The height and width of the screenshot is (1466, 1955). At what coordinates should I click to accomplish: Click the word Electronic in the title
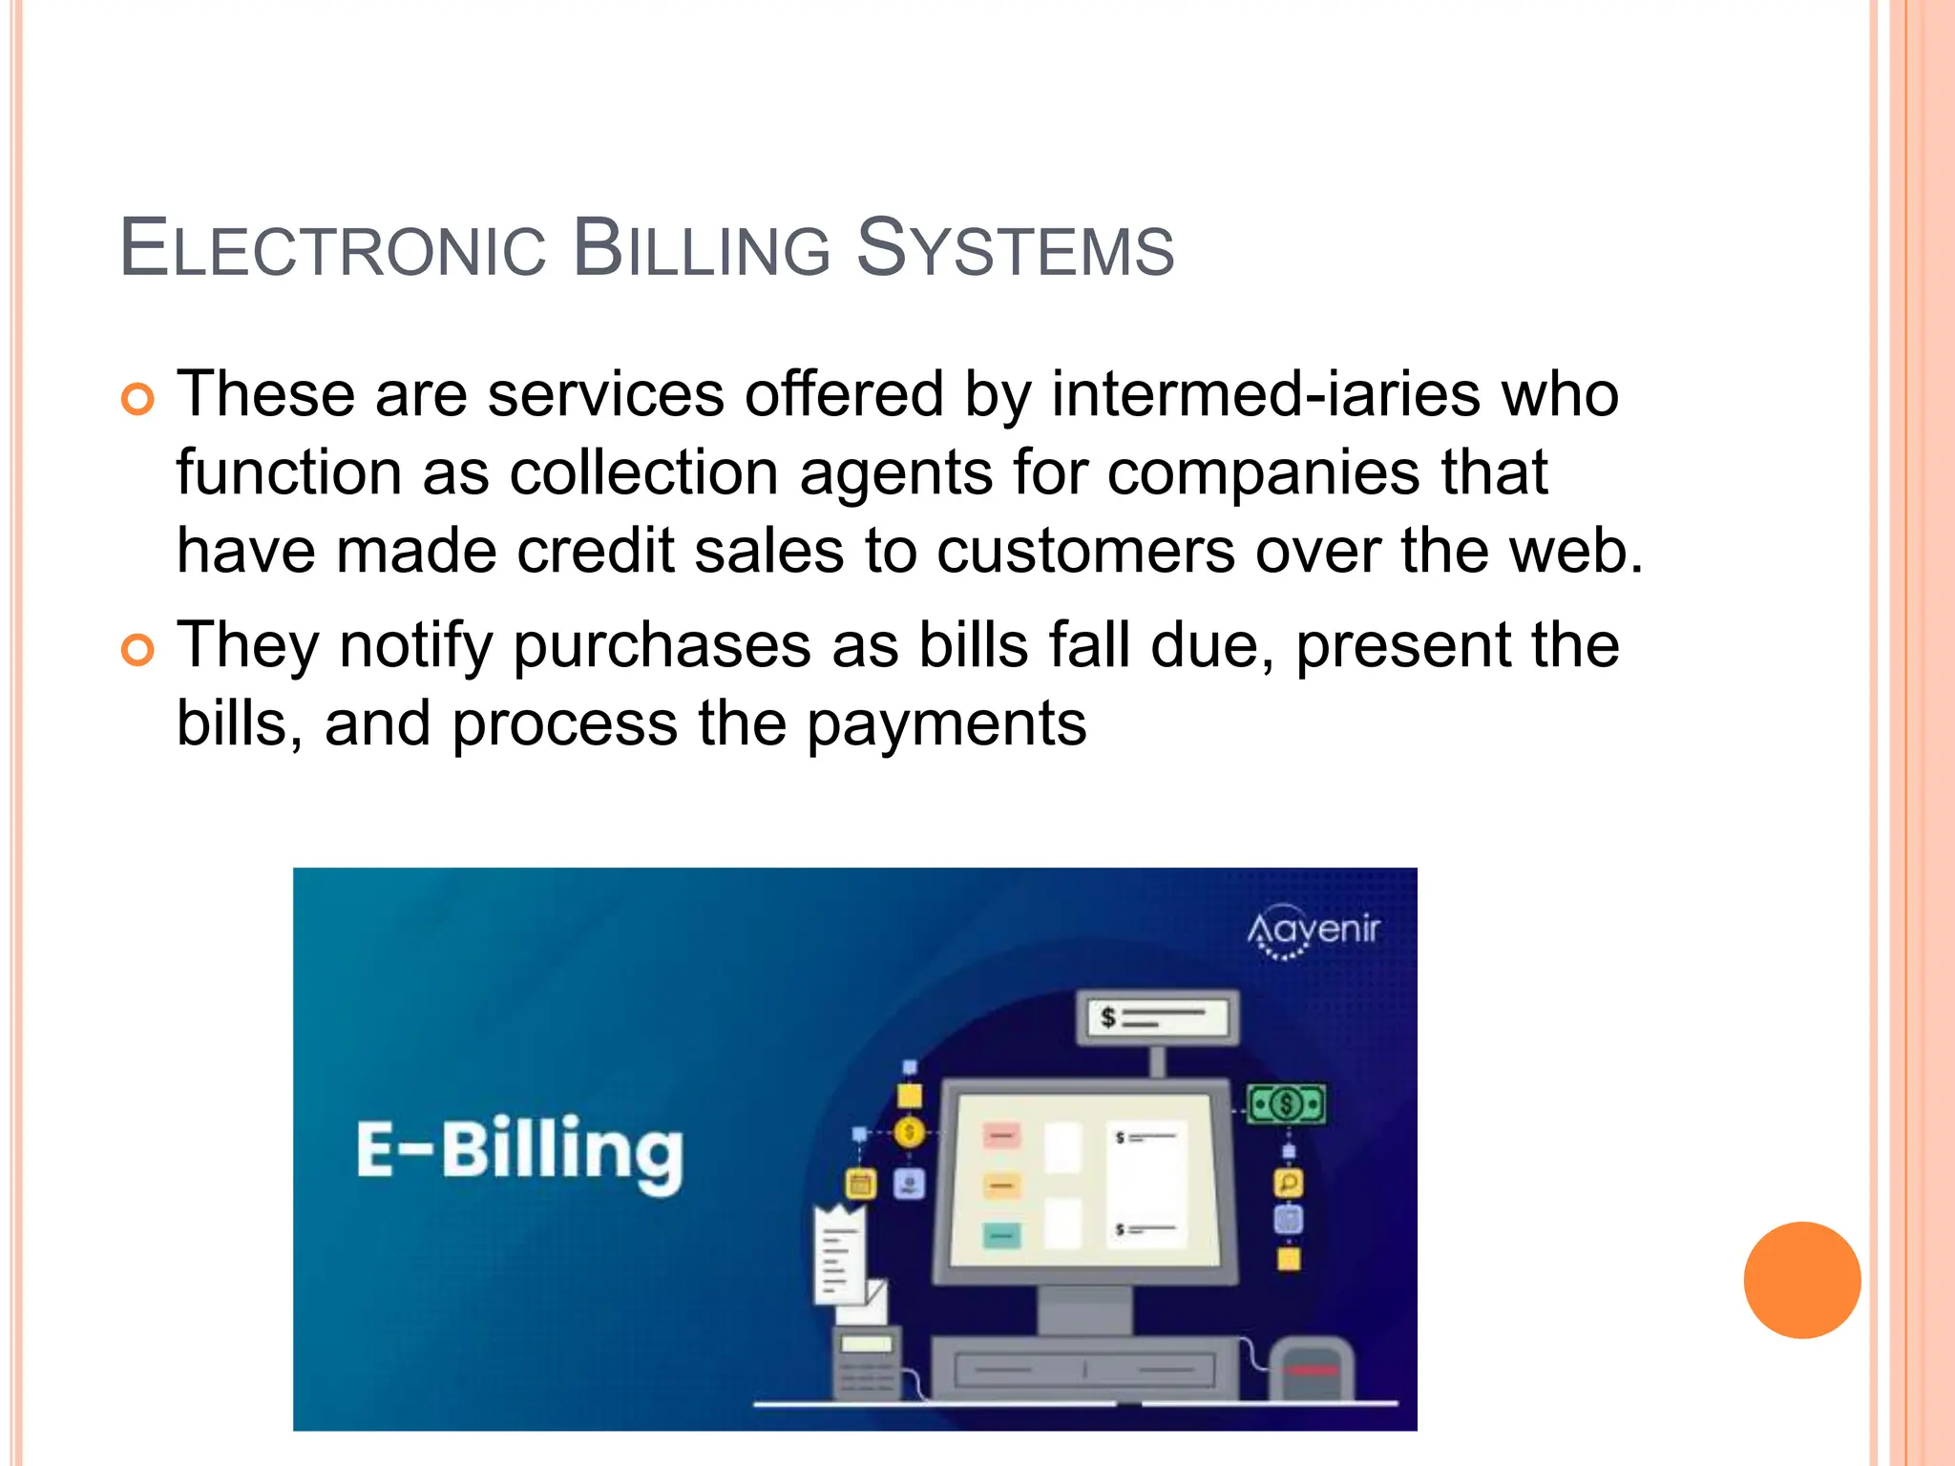click(x=333, y=249)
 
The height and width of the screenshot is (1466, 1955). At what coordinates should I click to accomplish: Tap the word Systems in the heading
click(x=1015, y=249)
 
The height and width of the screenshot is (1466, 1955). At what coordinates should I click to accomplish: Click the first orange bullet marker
click(x=137, y=399)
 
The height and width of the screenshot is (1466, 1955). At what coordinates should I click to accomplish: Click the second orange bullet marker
click(x=137, y=650)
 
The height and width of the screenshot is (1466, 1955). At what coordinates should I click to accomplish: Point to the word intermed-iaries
click(x=1266, y=394)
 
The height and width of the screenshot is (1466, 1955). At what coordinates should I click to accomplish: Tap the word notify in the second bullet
click(x=415, y=646)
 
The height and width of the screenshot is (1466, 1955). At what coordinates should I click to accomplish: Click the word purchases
click(x=662, y=646)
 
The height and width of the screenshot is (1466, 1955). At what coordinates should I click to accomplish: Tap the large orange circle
click(x=1801, y=1280)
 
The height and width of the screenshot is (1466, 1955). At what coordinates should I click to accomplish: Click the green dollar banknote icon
click(x=1287, y=1105)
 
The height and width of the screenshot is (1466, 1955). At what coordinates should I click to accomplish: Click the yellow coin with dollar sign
click(x=909, y=1133)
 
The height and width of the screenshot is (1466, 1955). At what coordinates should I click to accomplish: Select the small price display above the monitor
click(x=1158, y=1018)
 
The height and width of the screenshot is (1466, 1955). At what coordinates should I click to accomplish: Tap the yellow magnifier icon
click(x=1288, y=1183)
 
